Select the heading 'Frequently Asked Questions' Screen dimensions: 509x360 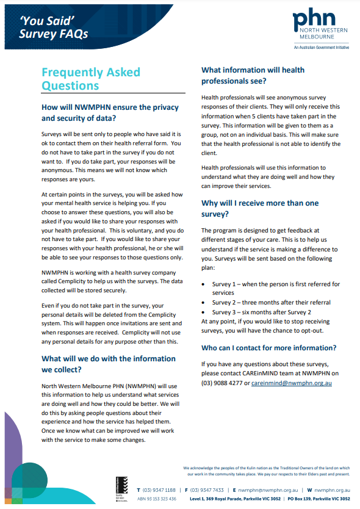click(x=90, y=79)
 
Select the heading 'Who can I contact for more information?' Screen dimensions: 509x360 click(x=268, y=348)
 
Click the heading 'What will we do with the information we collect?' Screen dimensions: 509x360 click(x=109, y=364)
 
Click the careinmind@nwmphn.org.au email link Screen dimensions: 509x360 click(x=292, y=383)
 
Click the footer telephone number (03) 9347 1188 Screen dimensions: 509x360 click(x=159, y=490)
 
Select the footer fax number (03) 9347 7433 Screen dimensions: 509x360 click(x=207, y=490)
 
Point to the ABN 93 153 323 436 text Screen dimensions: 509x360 click(x=156, y=499)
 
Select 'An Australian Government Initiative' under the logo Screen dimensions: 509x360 click(x=322, y=47)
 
